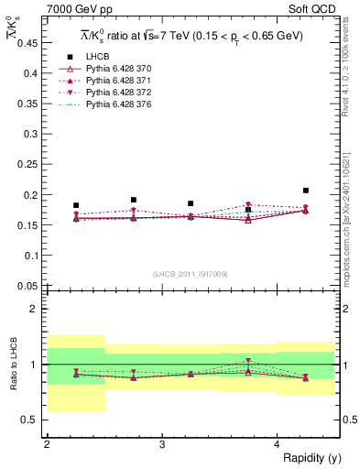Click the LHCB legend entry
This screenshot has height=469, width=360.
point(97,58)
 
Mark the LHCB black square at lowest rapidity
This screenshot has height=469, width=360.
point(76,205)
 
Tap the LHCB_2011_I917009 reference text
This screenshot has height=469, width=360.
point(190,274)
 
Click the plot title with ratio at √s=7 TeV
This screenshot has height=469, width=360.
point(190,35)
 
